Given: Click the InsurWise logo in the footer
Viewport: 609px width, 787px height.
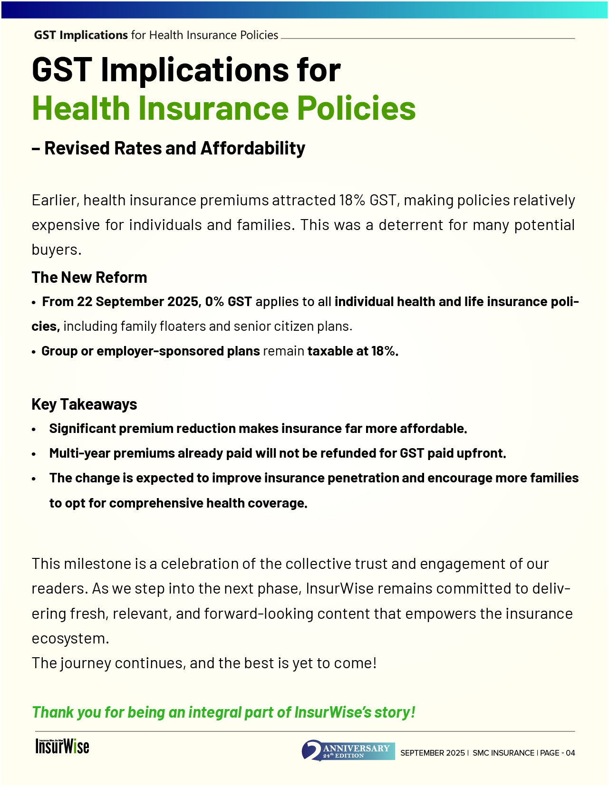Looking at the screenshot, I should pos(62,746).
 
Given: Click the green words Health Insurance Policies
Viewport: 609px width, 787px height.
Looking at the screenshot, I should pos(223,108).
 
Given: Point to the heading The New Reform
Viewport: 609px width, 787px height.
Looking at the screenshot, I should pos(89,278).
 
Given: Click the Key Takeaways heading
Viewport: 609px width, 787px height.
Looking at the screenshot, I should pos(84,404).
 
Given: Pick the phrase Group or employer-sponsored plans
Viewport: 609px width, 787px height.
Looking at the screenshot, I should pos(150,351).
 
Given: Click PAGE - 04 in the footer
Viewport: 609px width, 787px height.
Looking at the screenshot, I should pos(558,753).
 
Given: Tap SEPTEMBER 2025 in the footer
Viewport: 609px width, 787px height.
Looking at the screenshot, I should pos(432,753).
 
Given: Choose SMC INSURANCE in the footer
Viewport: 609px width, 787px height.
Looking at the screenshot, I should pos(503,753).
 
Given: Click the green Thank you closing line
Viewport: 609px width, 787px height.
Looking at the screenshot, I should pos(223,712).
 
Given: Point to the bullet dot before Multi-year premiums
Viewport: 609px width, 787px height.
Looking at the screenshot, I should pos(34,454).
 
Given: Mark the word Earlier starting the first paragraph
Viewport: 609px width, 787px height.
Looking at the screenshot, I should pos(54,201).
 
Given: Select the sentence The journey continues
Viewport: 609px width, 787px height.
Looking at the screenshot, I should pos(204,663).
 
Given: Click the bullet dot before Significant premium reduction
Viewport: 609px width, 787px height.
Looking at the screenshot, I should pos(34,429).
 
